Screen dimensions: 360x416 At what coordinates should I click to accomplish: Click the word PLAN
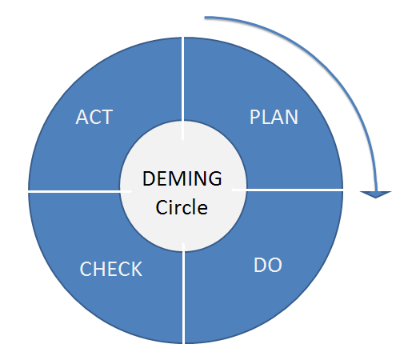pyautogui.click(x=274, y=118)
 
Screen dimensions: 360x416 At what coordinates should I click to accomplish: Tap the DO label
pyautogui.click(x=267, y=265)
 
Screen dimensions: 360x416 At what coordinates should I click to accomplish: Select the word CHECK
pyautogui.click(x=111, y=270)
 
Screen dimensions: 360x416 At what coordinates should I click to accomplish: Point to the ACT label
pyautogui.click(x=94, y=118)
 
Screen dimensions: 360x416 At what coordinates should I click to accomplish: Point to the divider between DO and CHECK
pyautogui.click(x=185, y=296)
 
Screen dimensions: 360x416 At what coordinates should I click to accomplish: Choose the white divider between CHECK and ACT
pyautogui.click(x=76, y=191)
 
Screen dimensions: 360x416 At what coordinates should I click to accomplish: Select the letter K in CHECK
pyautogui.click(x=136, y=270)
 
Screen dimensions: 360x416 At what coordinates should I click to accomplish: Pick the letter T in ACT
pyautogui.click(x=106, y=118)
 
